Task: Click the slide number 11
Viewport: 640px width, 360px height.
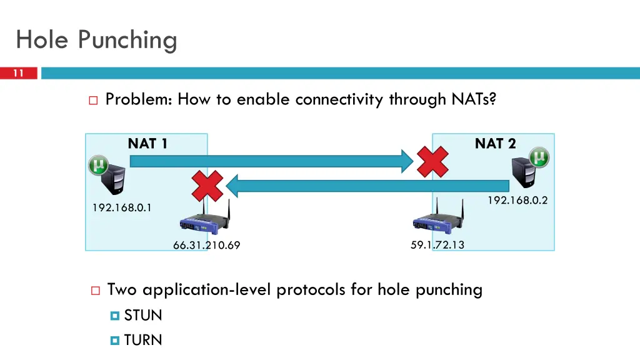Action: [x=18, y=73]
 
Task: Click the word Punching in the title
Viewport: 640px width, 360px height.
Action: [x=127, y=40]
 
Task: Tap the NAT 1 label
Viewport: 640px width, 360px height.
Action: [x=147, y=143]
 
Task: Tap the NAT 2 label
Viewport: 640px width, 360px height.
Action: [x=495, y=143]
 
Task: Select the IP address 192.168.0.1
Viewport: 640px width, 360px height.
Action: [x=122, y=207]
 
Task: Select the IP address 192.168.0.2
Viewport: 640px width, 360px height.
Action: [x=517, y=200]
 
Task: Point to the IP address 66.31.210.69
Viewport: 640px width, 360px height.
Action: [x=206, y=245]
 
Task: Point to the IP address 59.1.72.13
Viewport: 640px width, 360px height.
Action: [x=437, y=244]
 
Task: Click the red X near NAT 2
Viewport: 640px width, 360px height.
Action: [x=432, y=162]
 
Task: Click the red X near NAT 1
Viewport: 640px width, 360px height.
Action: [x=207, y=186]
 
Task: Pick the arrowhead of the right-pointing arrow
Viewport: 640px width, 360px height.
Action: [x=407, y=161]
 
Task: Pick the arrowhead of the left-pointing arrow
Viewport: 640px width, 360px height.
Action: [x=232, y=186]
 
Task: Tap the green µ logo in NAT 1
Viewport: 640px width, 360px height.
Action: [x=98, y=165]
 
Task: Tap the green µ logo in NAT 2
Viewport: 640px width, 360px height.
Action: [x=539, y=157]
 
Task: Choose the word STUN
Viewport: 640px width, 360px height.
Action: [x=143, y=315]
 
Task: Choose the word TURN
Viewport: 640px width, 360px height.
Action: [x=143, y=340]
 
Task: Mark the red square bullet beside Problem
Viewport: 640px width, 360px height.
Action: [x=93, y=101]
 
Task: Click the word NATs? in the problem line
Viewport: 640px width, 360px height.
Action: [x=474, y=99]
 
